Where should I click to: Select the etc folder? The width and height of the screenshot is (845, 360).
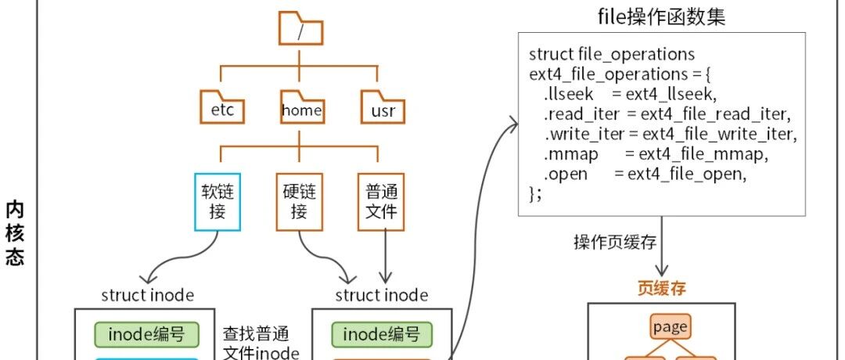222,106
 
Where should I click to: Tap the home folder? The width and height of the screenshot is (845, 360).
302,106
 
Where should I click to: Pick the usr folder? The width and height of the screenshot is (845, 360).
383,106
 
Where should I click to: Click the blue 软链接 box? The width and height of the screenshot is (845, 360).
218,202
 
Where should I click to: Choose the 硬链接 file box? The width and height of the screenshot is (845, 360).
299,202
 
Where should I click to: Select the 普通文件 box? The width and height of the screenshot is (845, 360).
381,202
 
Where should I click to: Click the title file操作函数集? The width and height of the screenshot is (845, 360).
661,16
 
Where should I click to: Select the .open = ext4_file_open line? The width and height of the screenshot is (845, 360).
645,175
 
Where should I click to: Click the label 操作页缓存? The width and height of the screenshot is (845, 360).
615,243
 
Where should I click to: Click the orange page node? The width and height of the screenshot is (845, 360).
670,326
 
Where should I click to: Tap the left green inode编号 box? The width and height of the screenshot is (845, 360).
146,335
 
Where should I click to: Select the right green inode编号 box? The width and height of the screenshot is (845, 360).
382,335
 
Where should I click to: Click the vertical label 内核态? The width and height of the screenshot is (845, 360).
15,234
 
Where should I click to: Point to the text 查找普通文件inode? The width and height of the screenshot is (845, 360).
261,344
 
